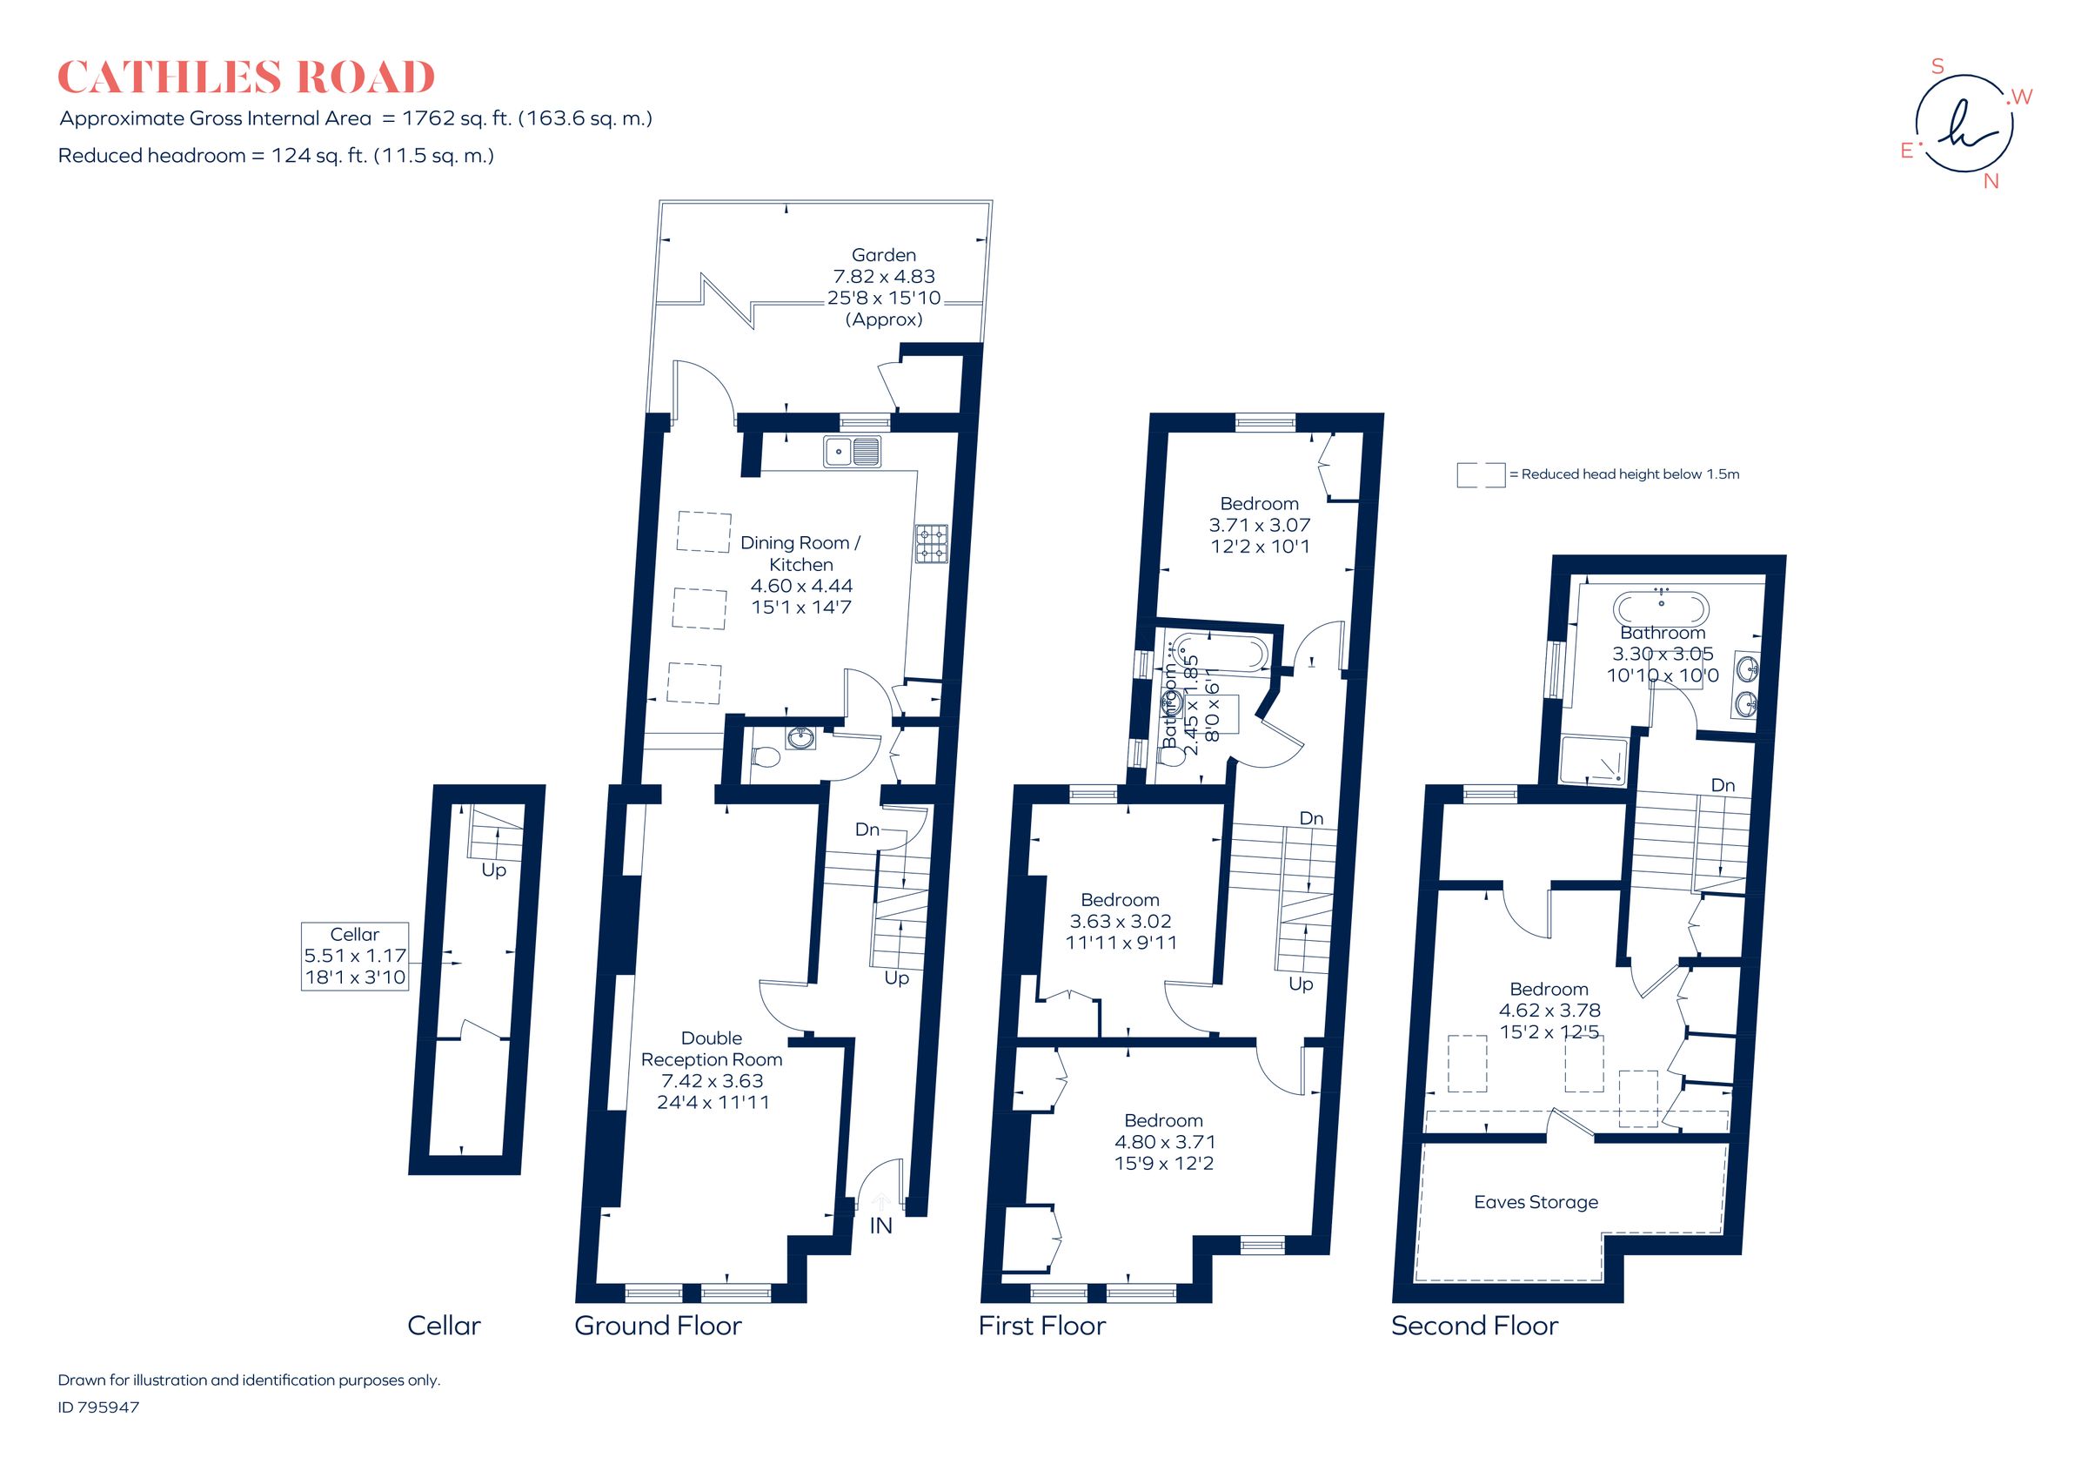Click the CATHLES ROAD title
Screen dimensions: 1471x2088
point(245,77)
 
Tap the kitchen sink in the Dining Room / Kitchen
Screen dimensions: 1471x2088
point(852,451)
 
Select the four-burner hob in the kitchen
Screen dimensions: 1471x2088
point(931,542)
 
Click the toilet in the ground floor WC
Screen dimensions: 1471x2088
point(766,756)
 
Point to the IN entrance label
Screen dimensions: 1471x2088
point(880,1226)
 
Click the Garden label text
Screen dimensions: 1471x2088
point(883,256)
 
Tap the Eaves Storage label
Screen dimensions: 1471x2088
point(1535,1202)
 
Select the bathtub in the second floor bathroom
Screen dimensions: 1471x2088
point(1661,606)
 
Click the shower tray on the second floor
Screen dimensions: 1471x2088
point(1592,761)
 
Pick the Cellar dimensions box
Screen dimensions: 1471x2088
point(355,956)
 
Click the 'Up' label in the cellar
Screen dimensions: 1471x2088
point(493,870)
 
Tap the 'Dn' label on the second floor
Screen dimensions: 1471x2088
point(1723,785)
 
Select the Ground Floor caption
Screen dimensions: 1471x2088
point(658,1326)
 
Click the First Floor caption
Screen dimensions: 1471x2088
point(1041,1326)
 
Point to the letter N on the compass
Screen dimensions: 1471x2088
point(1991,181)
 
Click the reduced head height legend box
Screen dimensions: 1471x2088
point(1481,475)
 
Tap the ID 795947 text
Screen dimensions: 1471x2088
point(98,1407)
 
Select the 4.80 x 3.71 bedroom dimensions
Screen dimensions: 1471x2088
point(1164,1142)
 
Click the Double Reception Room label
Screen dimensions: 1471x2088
point(711,1048)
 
